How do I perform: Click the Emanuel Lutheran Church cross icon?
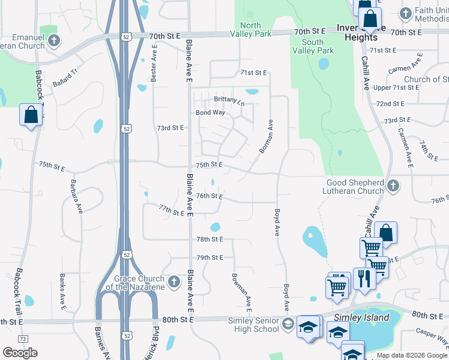tap(54, 41)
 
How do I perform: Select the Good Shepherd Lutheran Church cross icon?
tap(393, 186)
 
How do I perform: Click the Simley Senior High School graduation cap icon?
tap(288, 324)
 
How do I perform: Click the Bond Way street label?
tap(210, 112)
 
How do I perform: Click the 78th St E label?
tap(209, 239)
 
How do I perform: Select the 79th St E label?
tap(209, 257)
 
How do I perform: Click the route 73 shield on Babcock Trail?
tap(23, 340)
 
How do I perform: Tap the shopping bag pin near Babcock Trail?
tap(30, 114)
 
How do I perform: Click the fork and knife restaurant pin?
tap(364, 278)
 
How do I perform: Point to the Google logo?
tap(20, 352)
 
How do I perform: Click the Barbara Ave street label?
tap(76, 196)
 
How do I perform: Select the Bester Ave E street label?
tap(154, 66)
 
